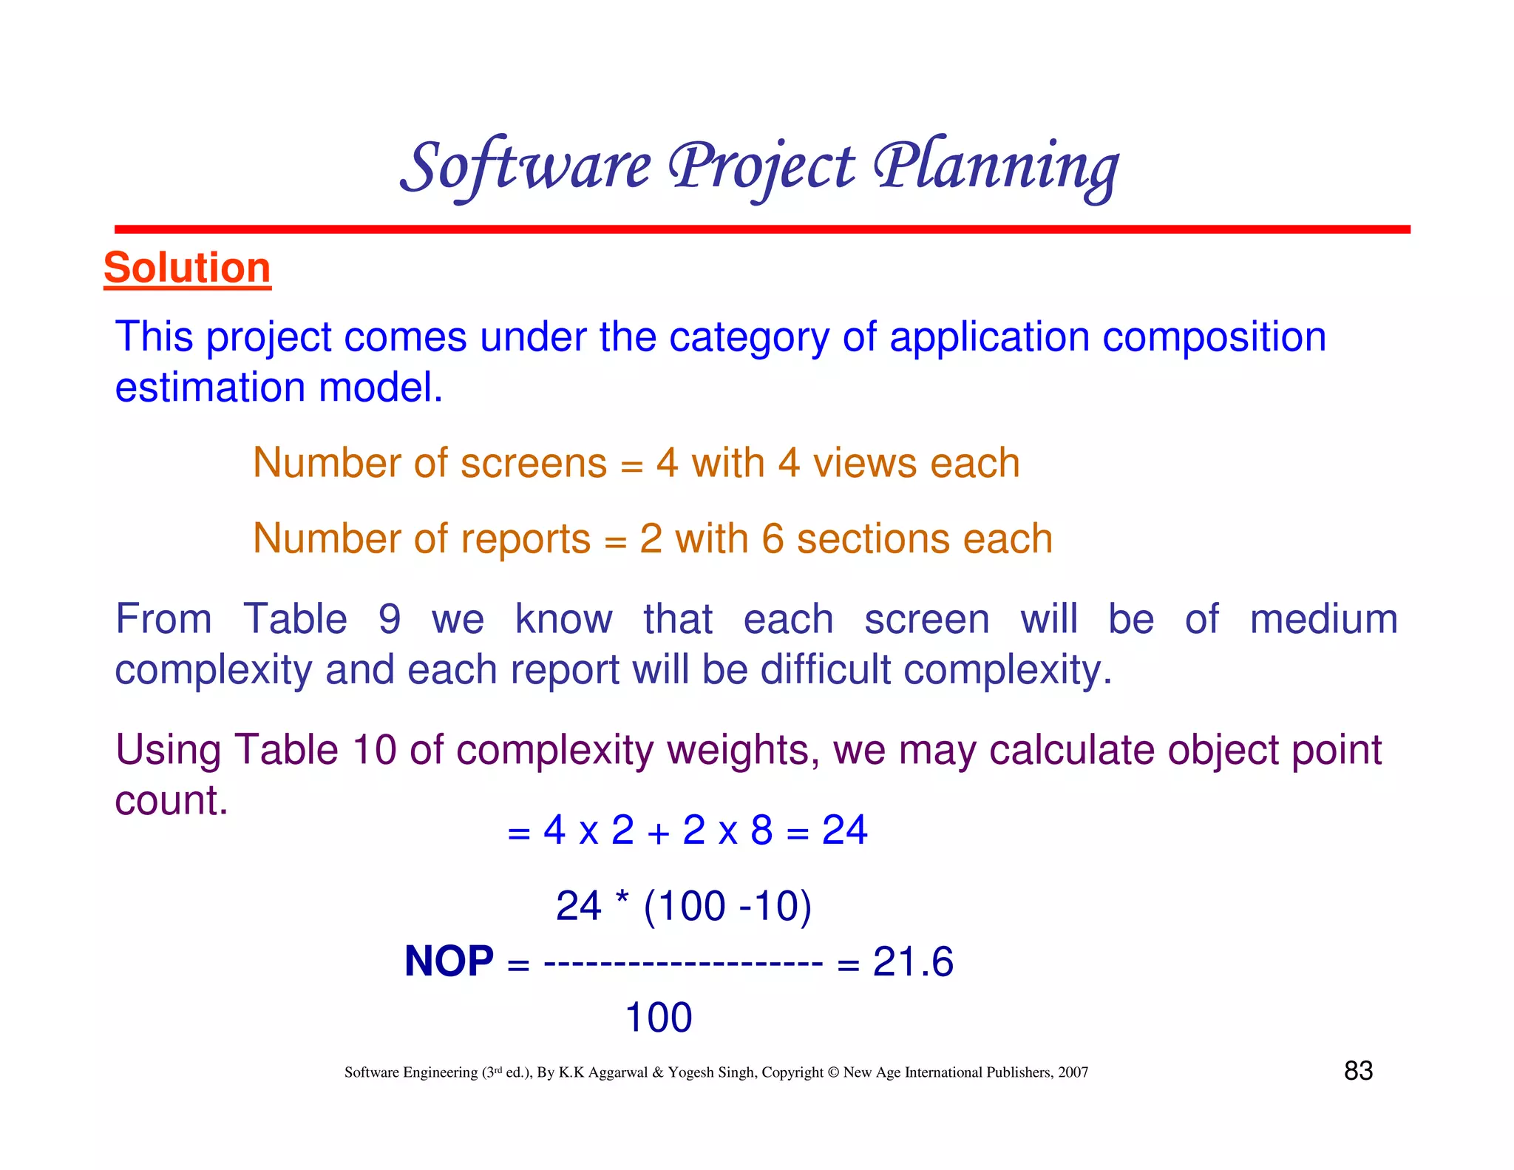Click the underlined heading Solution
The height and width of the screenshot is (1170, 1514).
pyautogui.click(x=187, y=268)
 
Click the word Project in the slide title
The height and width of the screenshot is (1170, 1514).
pyautogui.click(x=761, y=167)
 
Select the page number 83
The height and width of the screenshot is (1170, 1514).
pyautogui.click(x=1358, y=1071)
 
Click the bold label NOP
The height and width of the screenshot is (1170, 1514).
pyautogui.click(x=449, y=961)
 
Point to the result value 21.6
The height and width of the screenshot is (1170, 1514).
pyautogui.click(x=913, y=962)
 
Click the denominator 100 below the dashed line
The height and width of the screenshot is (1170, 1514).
pyautogui.click(x=658, y=1018)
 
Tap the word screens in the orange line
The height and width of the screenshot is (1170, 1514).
pyautogui.click(x=533, y=464)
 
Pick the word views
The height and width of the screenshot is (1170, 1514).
pyautogui.click(x=865, y=464)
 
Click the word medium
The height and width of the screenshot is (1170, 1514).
pyautogui.click(x=1323, y=619)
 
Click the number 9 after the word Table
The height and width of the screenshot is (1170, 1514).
pyautogui.click(x=390, y=619)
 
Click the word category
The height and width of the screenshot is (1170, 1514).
pyautogui.click(x=749, y=338)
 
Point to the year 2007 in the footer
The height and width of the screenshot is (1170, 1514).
pyautogui.click(x=1073, y=1072)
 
